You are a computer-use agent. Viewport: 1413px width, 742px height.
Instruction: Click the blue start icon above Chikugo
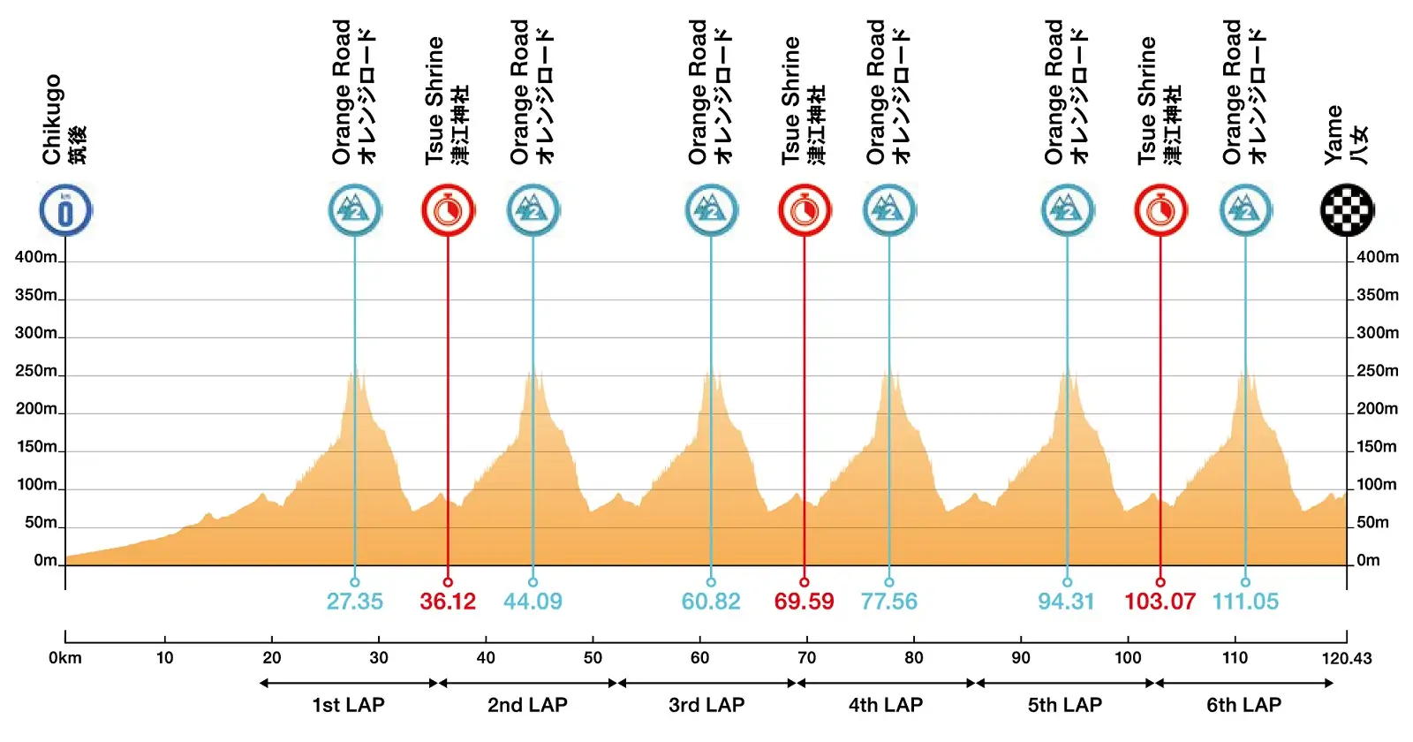pyautogui.click(x=65, y=210)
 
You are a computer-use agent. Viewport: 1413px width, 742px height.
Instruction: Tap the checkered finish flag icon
pyautogui.click(x=1347, y=210)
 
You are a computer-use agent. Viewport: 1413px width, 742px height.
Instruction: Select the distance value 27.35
pyautogui.click(x=355, y=602)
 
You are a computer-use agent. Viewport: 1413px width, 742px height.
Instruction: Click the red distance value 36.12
pyautogui.click(x=448, y=602)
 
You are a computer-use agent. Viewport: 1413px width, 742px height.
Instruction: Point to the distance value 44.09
pyautogui.click(x=533, y=602)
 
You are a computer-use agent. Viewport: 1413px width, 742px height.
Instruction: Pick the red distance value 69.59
pyautogui.click(x=804, y=602)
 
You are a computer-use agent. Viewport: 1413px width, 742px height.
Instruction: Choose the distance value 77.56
pyautogui.click(x=889, y=602)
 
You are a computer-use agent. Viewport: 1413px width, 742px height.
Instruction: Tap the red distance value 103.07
pyautogui.click(x=1160, y=602)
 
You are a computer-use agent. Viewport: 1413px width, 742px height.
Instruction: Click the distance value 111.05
pyautogui.click(x=1245, y=602)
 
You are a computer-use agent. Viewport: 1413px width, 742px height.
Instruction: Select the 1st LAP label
pyautogui.click(x=348, y=705)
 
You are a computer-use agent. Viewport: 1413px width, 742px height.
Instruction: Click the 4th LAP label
pyautogui.click(x=886, y=705)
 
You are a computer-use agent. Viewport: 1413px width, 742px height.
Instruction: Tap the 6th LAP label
pyautogui.click(x=1244, y=705)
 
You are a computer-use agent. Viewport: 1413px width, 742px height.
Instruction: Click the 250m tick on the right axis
pyautogui.click(x=1377, y=371)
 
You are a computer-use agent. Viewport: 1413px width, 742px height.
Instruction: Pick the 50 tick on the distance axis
pyautogui.click(x=593, y=657)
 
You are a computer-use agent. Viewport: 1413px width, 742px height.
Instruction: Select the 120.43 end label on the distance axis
pyautogui.click(x=1347, y=657)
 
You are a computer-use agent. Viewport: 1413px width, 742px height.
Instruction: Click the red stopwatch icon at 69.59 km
pyautogui.click(x=804, y=210)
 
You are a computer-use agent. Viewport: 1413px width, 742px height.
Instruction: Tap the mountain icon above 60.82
pyautogui.click(x=711, y=210)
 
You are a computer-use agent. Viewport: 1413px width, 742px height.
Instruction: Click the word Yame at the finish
pyautogui.click(x=1333, y=134)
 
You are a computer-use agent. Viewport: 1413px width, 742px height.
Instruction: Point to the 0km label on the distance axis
pyautogui.click(x=65, y=657)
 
